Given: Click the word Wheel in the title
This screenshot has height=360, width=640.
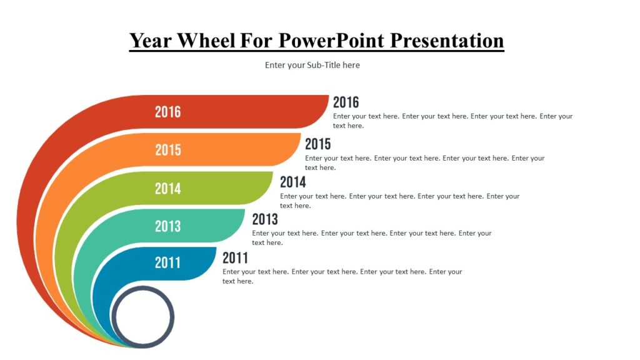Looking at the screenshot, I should [206, 41].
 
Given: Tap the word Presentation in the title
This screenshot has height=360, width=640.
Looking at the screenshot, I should [447, 41].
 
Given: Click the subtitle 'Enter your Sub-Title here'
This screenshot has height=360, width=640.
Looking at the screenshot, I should [312, 65].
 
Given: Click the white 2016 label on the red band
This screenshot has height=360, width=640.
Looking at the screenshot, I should [167, 112].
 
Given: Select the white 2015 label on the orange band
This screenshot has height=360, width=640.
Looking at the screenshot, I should [167, 150].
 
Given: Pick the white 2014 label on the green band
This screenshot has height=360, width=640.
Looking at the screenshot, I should [167, 188].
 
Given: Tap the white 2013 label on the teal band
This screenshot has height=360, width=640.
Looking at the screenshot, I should [167, 226].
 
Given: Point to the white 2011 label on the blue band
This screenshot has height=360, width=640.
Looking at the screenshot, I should [167, 263].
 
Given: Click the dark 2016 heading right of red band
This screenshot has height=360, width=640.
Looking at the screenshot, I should [346, 102].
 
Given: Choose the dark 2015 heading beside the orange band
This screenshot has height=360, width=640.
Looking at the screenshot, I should [317, 144].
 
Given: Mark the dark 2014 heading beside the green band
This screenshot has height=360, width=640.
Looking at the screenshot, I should [292, 182].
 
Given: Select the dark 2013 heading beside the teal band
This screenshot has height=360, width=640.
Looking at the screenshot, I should [265, 219].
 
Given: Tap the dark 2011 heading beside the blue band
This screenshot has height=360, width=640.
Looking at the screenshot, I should [235, 257].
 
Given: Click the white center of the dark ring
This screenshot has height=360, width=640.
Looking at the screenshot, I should [142, 316].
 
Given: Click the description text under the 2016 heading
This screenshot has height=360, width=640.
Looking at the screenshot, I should [452, 121].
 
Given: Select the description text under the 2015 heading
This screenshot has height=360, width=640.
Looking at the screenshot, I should [424, 162].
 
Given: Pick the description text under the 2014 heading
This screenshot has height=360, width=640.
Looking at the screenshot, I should [399, 201].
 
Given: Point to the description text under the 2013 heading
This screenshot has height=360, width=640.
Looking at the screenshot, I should [371, 237].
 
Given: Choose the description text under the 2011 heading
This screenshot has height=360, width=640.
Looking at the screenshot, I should [342, 276].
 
